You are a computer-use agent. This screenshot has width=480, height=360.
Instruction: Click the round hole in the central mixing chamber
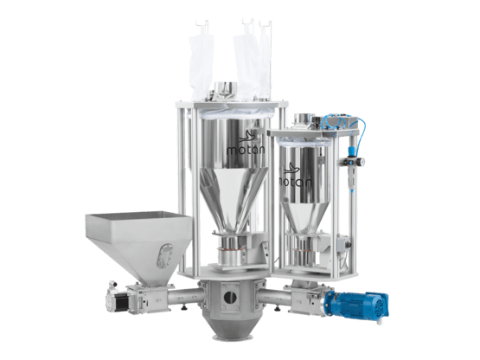coord(229,297)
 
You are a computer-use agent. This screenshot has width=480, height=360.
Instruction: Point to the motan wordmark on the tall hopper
coord(246,150)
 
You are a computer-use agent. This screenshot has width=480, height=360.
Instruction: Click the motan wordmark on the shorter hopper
coord(296,182)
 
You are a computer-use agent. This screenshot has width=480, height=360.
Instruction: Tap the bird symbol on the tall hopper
coord(247,136)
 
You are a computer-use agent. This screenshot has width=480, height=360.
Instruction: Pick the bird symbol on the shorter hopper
coord(292,169)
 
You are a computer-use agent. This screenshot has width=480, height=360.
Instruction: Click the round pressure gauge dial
coord(362,161)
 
